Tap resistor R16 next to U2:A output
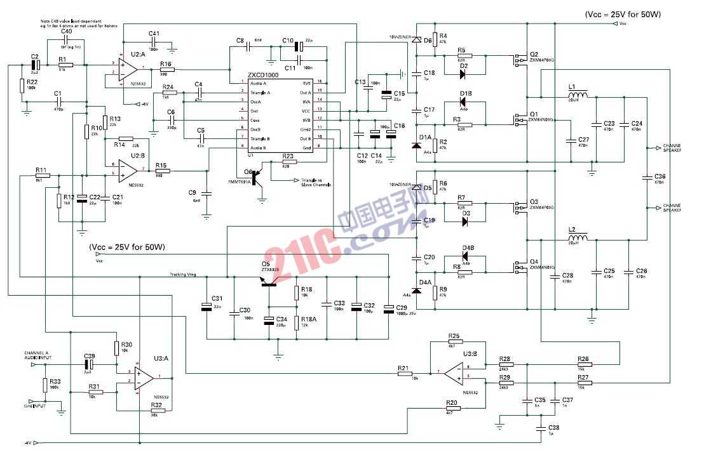166,69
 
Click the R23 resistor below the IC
288,161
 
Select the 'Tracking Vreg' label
183,274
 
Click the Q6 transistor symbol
257,178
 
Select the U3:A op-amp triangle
144,379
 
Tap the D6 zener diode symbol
417,41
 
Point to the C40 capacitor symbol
67,39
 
